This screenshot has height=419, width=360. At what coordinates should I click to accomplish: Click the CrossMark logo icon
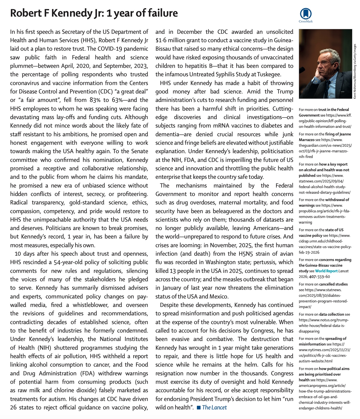(x=306, y=14)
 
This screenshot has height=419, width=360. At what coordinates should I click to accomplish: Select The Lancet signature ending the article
(x=214, y=407)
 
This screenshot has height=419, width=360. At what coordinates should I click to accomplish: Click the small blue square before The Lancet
(x=199, y=408)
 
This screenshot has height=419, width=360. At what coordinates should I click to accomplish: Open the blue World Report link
(x=326, y=271)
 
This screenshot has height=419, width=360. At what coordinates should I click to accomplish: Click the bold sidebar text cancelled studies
(x=333, y=284)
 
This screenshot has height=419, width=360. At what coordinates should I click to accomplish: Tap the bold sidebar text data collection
(x=332, y=314)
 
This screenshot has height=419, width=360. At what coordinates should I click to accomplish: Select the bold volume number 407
(x=312, y=277)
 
